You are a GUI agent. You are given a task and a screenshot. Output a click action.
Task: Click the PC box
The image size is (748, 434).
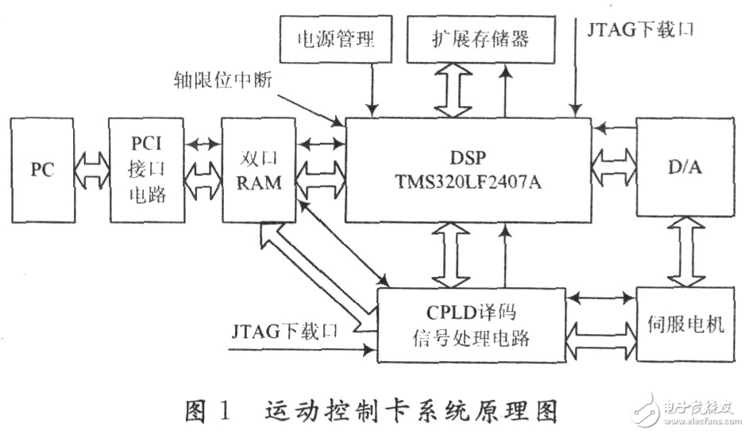[x=41, y=170]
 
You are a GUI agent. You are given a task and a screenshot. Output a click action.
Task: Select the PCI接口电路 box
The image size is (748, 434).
[x=147, y=170]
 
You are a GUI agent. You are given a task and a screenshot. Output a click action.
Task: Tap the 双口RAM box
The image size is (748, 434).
[x=259, y=170]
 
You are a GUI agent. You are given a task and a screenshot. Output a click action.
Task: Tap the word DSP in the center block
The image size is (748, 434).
[x=467, y=158]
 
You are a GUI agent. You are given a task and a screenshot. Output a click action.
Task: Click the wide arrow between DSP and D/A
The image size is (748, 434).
[x=615, y=167]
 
